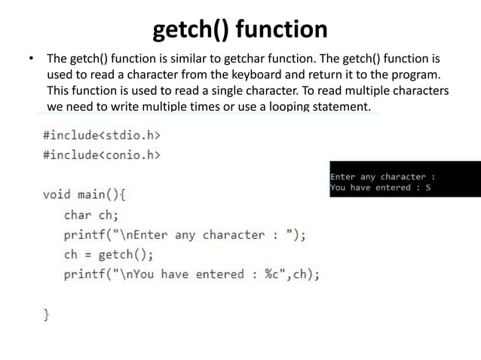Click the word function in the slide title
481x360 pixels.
pos(283,30)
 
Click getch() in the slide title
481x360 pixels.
pos(191,30)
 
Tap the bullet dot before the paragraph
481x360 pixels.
pos(31,59)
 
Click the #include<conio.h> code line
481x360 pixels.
pos(102,155)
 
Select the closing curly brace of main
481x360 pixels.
pos(47,313)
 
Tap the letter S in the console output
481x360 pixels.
pos(427,188)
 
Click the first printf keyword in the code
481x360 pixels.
pos(84,234)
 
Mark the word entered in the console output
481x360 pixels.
pos(393,188)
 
